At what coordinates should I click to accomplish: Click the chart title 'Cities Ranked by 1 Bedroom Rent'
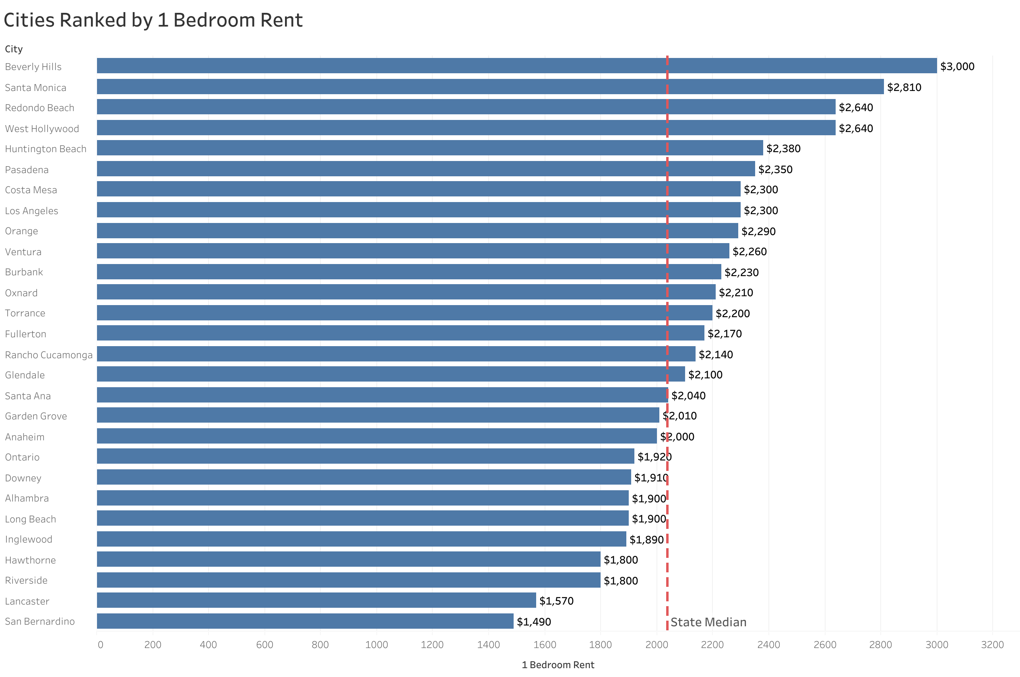point(153,20)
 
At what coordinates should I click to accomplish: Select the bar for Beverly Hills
point(516,66)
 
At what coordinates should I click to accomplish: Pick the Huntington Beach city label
point(46,149)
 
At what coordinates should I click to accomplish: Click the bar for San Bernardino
point(305,621)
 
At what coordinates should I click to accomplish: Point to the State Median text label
point(708,622)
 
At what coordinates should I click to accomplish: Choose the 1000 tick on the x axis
point(376,645)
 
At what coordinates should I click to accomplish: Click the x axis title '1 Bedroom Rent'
point(557,665)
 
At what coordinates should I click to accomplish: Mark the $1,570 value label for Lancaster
point(556,601)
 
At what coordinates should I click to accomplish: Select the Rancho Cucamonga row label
point(49,355)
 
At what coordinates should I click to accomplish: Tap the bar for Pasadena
point(425,169)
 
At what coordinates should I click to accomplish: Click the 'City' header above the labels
point(14,49)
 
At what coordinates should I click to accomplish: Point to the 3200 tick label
point(992,645)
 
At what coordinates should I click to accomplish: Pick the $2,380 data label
point(783,149)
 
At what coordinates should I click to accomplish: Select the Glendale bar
point(390,374)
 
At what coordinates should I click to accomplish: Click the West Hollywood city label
point(42,129)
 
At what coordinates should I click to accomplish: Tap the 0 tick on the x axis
point(101,645)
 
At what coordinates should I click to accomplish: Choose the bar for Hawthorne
point(348,559)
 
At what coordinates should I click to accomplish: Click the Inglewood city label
point(29,539)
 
